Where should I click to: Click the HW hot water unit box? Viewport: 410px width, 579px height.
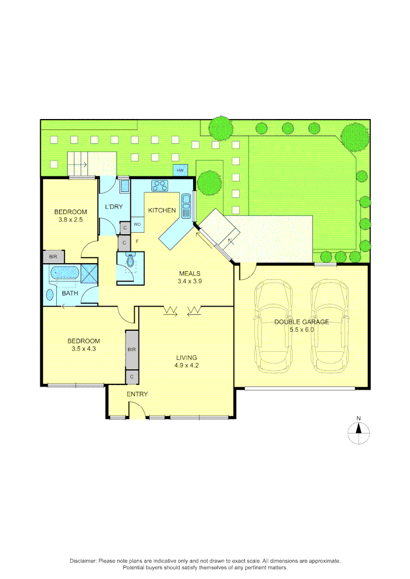coord(180,170)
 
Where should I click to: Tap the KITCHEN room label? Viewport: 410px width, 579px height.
coord(162,210)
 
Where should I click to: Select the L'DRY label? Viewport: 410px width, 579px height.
coord(114,207)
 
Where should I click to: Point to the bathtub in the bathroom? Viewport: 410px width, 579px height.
coord(64,273)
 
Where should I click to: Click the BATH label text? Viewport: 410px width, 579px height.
coord(70,293)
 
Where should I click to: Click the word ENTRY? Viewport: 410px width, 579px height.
coord(137,395)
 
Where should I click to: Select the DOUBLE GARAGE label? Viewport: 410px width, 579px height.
coord(301,322)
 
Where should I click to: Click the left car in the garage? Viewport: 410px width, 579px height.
coord(274,326)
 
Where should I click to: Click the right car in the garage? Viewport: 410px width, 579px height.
coord(329,326)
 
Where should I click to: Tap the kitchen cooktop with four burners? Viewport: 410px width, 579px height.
coord(159,186)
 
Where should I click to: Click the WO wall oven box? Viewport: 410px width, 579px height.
coord(137,224)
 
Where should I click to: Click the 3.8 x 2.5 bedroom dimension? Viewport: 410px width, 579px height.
coord(70,219)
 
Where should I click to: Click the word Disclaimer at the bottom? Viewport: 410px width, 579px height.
coord(83,561)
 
